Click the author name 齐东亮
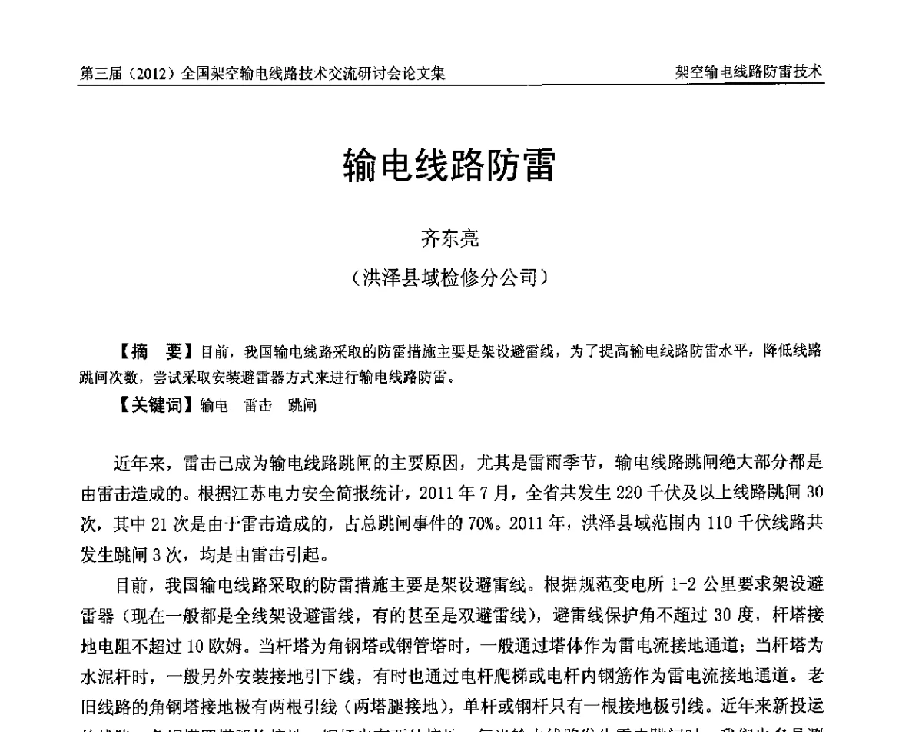(x=449, y=239)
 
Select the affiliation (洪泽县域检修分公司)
(x=449, y=277)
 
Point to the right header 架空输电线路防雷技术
(x=748, y=73)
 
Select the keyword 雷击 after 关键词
(x=258, y=407)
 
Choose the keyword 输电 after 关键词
(x=214, y=407)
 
